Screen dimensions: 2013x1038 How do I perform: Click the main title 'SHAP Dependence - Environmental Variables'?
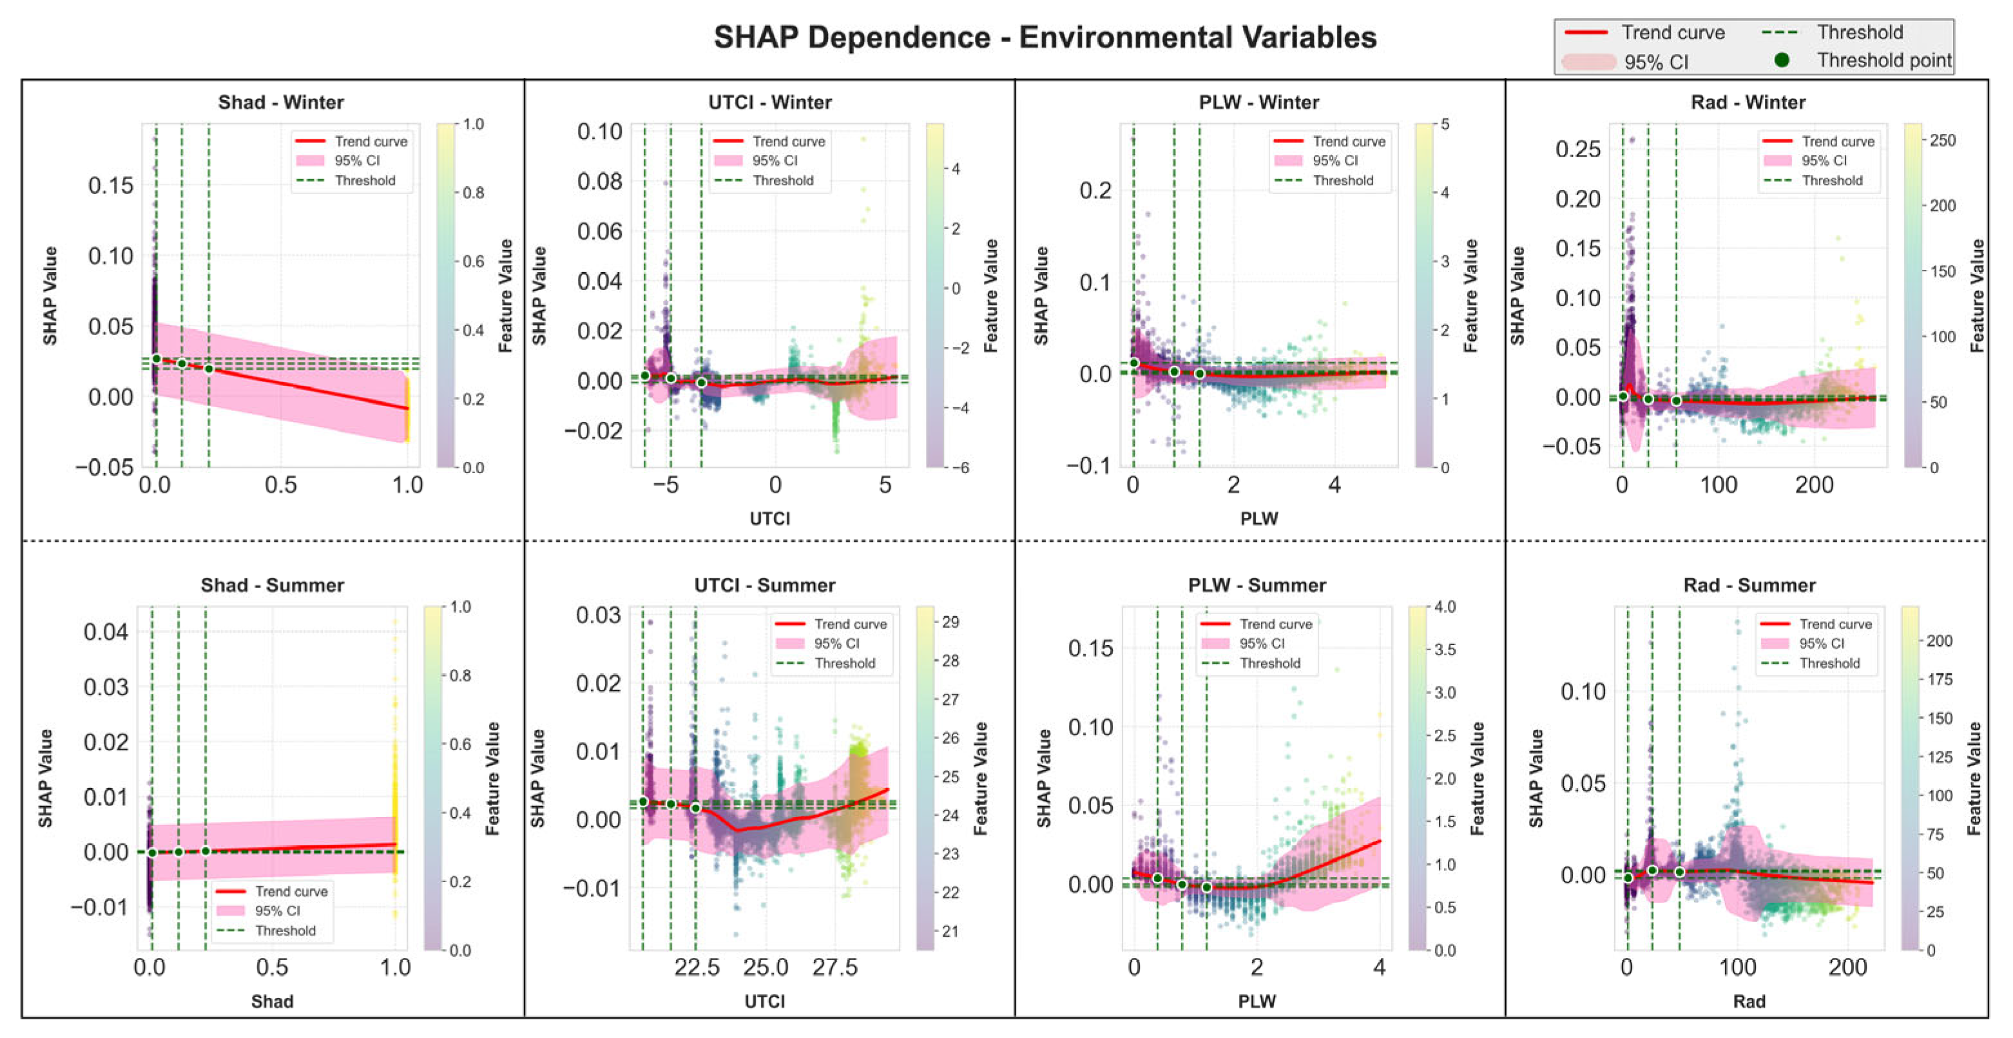click(x=1045, y=37)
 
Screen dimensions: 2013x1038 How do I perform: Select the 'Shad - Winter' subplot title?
click(x=280, y=102)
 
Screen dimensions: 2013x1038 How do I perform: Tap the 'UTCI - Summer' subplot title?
click(x=764, y=586)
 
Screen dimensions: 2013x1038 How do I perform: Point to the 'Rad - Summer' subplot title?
click(x=1749, y=586)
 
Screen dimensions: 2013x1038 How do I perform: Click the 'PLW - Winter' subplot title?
click(x=1259, y=102)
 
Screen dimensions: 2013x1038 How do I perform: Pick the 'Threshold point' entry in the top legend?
click(x=1884, y=60)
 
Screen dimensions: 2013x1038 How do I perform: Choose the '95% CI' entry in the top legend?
click(x=1656, y=62)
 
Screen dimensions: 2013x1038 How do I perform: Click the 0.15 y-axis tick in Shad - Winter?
click(x=110, y=186)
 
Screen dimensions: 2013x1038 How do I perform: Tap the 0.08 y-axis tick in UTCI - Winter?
click(x=599, y=181)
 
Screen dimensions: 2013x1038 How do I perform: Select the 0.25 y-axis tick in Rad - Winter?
click(x=1578, y=148)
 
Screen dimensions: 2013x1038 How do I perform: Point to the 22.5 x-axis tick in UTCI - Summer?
click(x=697, y=968)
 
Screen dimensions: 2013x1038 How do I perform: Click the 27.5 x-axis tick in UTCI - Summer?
click(x=834, y=968)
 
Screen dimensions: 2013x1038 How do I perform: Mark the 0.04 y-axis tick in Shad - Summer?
click(x=106, y=631)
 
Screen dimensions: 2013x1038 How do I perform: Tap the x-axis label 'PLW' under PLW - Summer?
click(x=1257, y=1001)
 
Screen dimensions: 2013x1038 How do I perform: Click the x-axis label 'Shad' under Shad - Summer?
click(x=272, y=1001)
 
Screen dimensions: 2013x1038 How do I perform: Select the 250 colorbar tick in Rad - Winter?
click(x=1943, y=140)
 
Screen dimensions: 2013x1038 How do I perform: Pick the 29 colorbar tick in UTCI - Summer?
click(x=950, y=622)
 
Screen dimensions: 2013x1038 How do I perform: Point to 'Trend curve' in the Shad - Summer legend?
click(x=291, y=891)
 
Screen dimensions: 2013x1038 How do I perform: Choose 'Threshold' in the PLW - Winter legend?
click(x=1342, y=180)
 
